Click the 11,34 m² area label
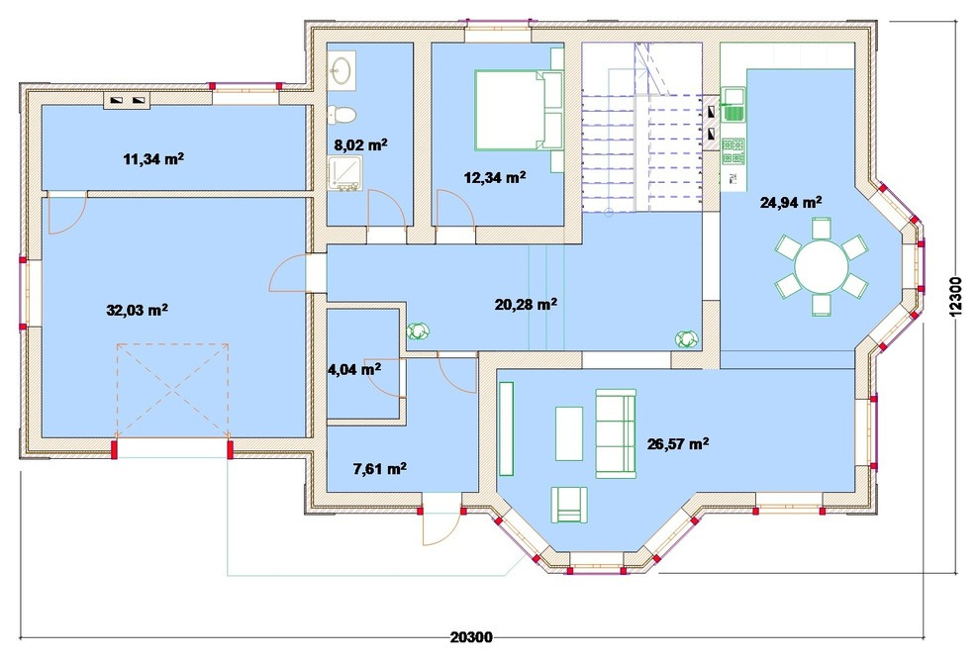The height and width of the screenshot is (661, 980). coord(153,158)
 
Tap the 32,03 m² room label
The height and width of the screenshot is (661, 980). coord(137,310)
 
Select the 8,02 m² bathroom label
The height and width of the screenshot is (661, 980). coord(360,145)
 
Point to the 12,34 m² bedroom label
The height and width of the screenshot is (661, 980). coord(494,177)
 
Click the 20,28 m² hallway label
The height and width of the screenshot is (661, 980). coord(527,304)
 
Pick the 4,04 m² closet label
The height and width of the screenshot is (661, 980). coord(354,369)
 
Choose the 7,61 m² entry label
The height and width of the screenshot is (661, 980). coord(380,468)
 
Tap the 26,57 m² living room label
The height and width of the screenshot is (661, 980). coord(678,444)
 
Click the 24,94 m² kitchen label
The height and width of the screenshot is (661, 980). coord(791,202)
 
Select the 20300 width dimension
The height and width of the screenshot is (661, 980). coord(471,637)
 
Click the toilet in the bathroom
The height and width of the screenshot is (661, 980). coord(342,115)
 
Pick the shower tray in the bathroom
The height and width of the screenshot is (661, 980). coord(344,173)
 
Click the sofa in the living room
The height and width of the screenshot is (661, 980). coord(616,433)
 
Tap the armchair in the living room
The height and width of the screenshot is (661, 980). coord(569,505)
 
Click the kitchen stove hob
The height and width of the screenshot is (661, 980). coord(734,151)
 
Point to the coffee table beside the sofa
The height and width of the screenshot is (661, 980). coord(569,433)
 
